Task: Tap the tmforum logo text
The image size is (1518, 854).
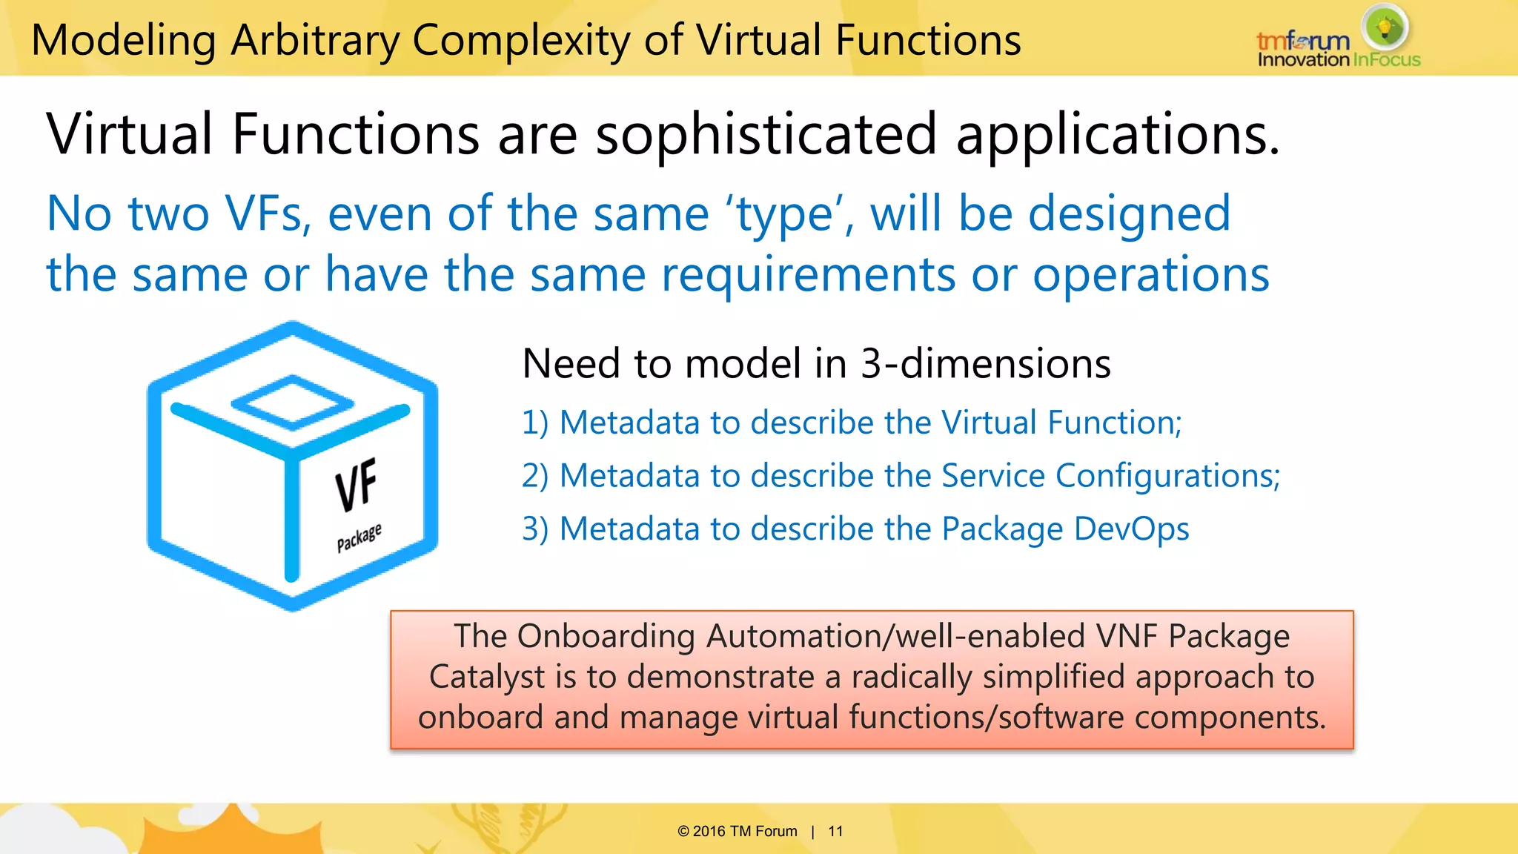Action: (1302, 40)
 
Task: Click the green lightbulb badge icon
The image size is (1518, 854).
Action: (1385, 27)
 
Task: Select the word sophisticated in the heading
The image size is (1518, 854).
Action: (766, 135)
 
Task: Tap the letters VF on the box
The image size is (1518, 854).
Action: (357, 485)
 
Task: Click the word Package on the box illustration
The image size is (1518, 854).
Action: (359, 537)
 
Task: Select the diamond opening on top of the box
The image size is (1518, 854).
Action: (292, 403)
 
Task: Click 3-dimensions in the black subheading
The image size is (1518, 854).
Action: (985, 364)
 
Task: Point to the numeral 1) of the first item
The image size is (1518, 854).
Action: (535, 423)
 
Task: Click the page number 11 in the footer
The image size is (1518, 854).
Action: (835, 831)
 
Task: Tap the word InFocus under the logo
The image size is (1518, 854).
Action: (1386, 60)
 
